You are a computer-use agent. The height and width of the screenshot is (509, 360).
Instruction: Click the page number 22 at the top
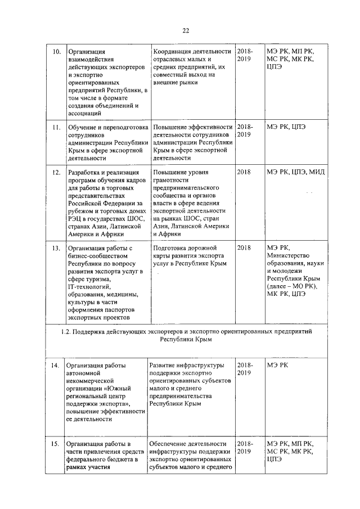pyautogui.click(x=186, y=30)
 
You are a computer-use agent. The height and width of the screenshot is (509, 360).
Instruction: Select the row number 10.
pyautogui.click(x=56, y=52)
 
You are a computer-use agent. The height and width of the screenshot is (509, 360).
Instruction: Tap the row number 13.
pyautogui.click(x=56, y=247)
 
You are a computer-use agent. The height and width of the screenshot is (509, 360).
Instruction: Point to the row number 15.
pyautogui.click(x=56, y=444)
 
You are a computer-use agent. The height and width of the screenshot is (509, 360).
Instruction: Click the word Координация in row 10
pyautogui.click(x=176, y=52)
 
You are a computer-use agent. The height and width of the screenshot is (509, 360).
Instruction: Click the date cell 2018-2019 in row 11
pyautogui.click(x=245, y=130)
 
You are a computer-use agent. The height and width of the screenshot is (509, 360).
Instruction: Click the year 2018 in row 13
pyautogui.click(x=245, y=247)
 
